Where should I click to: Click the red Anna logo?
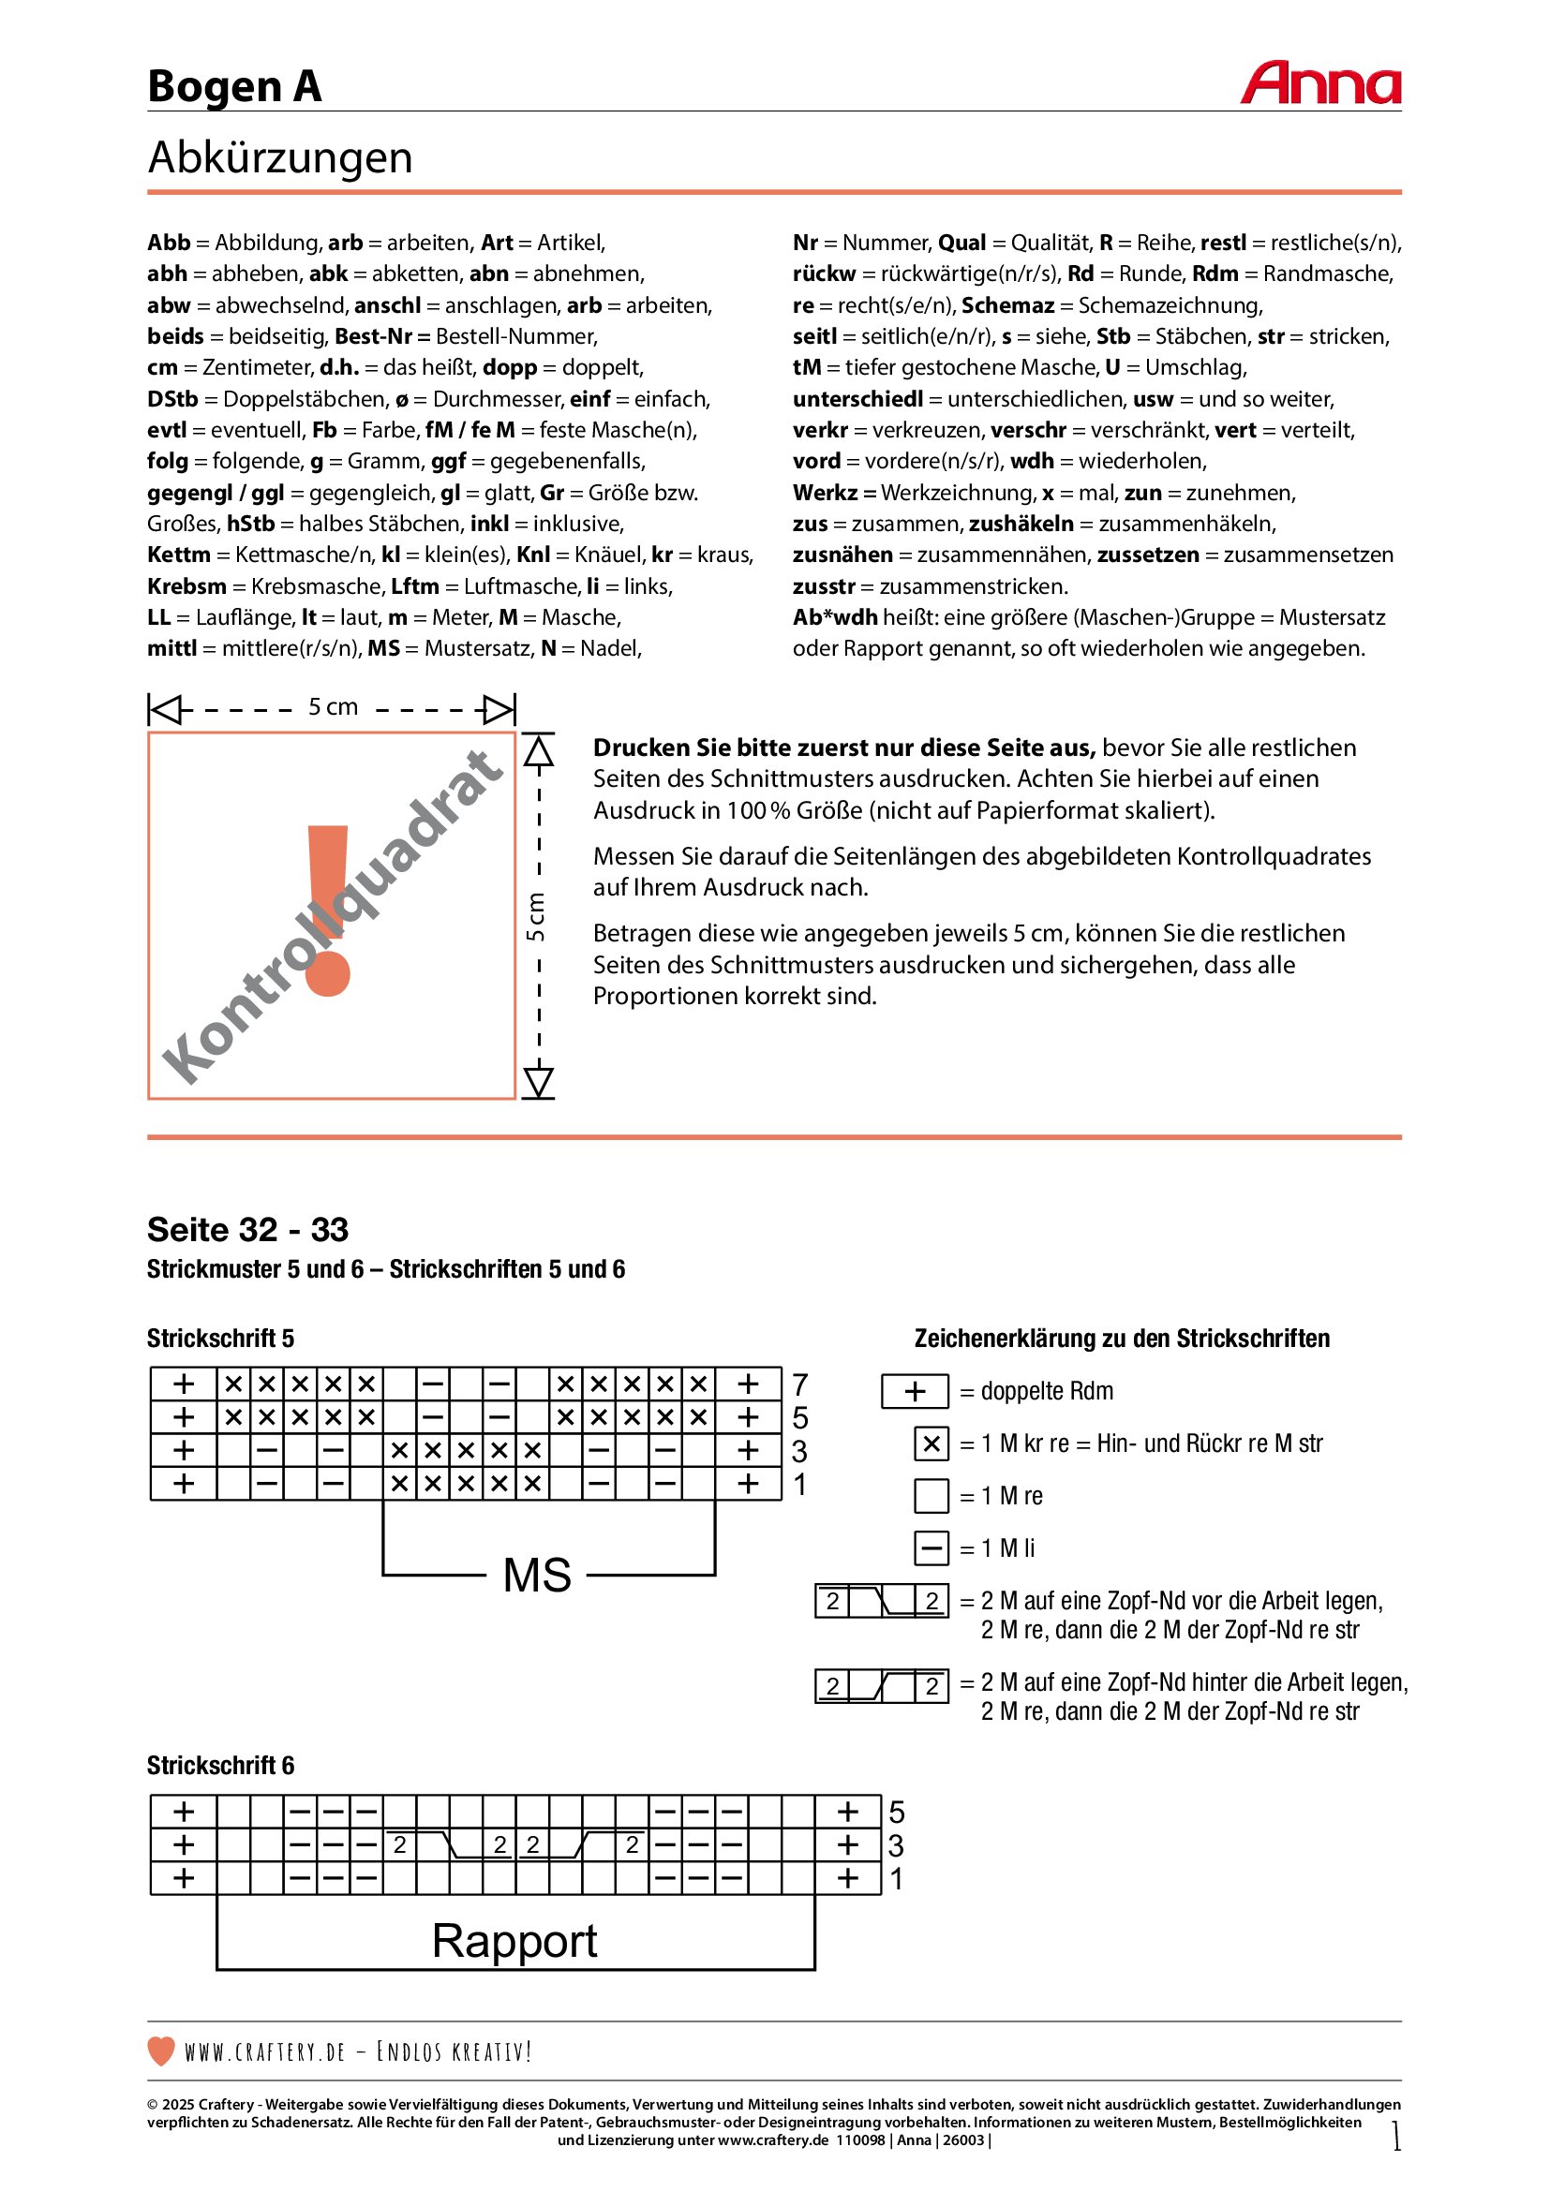point(1320,84)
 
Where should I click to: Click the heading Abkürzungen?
point(279,157)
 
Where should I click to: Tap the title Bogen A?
point(234,87)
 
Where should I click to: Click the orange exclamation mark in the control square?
point(327,911)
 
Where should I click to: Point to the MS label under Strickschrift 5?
point(537,1576)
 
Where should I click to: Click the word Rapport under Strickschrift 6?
point(514,1941)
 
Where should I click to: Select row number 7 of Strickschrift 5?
point(799,1384)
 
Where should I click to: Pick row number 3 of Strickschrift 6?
point(896,1845)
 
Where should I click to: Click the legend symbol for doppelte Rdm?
point(915,1391)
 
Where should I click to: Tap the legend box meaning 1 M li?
point(931,1547)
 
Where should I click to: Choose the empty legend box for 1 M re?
point(931,1495)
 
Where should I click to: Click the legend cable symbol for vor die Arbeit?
point(882,1600)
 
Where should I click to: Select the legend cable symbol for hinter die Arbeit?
point(882,1686)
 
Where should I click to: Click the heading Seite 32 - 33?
point(247,1230)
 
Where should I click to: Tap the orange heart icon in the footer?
point(161,2050)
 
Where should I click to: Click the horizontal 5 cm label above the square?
point(333,707)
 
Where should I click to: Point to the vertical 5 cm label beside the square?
point(536,916)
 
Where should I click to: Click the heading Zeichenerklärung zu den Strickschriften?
point(1122,1339)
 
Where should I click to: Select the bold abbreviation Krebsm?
point(187,585)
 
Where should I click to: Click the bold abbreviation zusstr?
point(824,585)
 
